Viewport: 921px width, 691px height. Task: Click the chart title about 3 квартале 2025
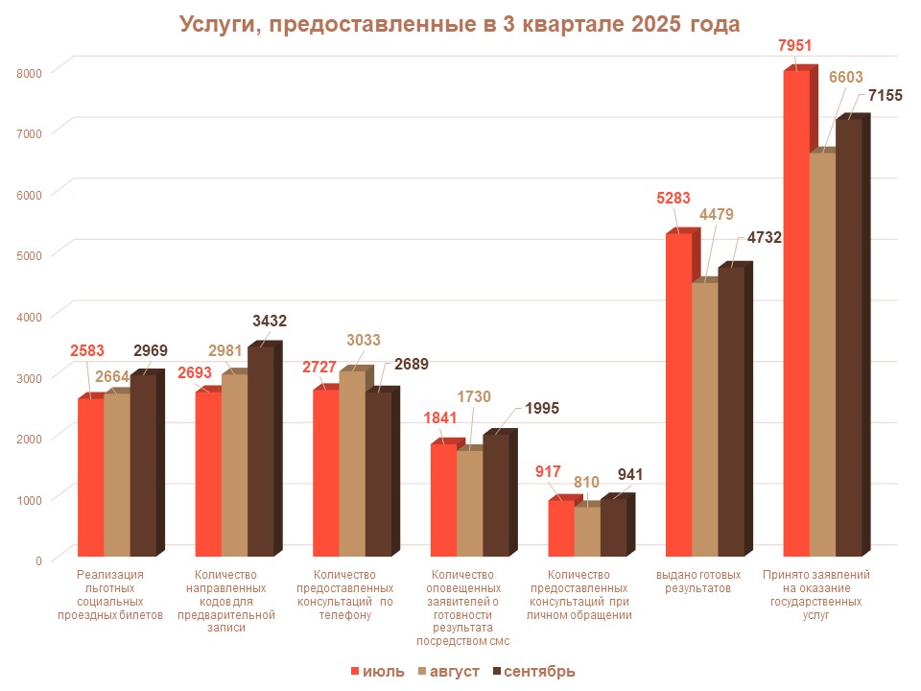click(460, 24)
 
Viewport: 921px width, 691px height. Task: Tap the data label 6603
click(845, 78)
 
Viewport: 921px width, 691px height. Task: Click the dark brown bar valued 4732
click(731, 412)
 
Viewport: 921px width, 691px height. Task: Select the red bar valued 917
click(561, 528)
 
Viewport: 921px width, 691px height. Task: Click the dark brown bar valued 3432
click(261, 450)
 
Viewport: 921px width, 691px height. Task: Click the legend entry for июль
click(378, 671)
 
